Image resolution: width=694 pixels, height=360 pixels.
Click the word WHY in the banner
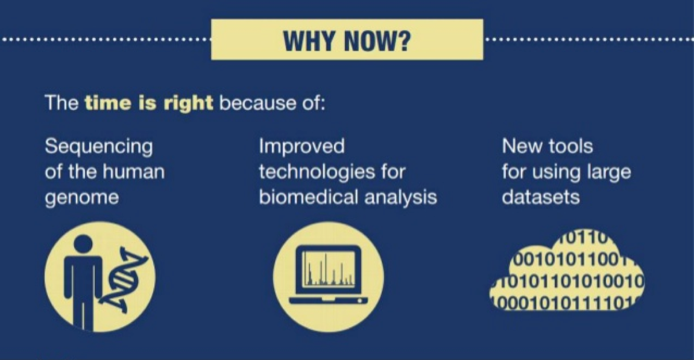(309, 41)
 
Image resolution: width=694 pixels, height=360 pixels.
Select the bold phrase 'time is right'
(149, 103)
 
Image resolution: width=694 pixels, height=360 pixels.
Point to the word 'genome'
(81, 198)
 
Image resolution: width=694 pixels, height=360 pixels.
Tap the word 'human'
(134, 172)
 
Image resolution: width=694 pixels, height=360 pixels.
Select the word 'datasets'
(540, 197)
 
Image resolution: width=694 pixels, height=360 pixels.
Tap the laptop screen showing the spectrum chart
(329, 270)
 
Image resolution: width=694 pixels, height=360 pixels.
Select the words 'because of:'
(272, 103)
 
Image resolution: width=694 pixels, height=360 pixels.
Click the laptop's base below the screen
(329, 301)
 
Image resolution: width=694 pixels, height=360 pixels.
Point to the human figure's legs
(83, 310)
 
